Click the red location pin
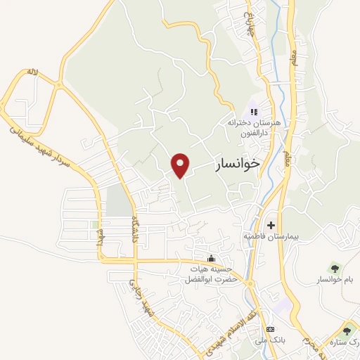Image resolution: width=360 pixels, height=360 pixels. (x=181, y=165)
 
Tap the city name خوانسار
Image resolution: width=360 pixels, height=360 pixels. (x=236, y=165)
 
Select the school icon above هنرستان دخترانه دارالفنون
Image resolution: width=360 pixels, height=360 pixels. (x=254, y=111)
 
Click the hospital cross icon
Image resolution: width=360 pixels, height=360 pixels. (x=271, y=224)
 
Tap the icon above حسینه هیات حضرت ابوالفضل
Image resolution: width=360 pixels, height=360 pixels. (x=212, y=258)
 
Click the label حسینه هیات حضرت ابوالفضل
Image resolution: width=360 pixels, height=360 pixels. (x=210, y=275)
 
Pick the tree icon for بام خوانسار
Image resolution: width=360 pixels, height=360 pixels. (x=333, y=267)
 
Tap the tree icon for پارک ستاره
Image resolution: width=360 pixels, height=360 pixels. (x=346, y=331)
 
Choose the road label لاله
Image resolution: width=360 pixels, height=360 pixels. (x=31, y=72)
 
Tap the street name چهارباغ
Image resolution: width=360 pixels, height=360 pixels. (x=247, y=24)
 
